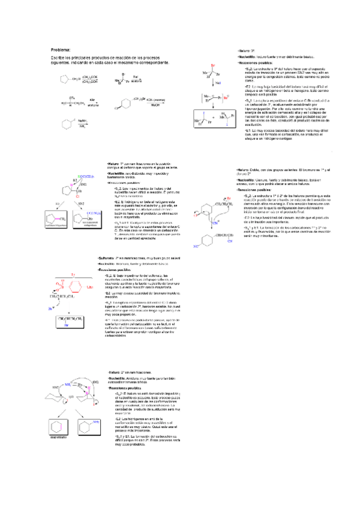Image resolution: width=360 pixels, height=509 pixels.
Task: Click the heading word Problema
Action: (61, 49)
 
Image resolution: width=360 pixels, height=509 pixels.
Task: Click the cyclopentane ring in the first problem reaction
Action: (64, 79)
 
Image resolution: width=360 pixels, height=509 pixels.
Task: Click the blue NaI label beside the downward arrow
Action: (218, 83)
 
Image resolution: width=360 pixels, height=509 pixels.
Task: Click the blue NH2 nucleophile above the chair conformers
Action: (67, 382)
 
